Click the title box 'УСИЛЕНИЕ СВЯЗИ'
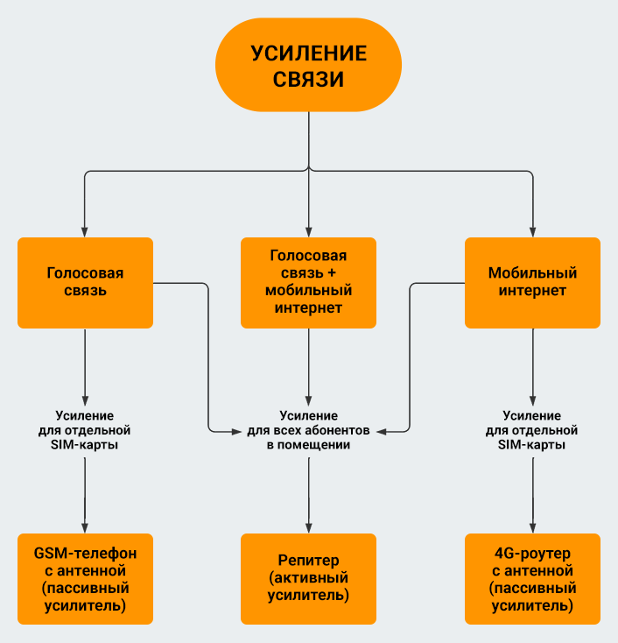308,67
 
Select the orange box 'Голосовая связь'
85,282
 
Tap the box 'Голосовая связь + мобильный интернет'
308,282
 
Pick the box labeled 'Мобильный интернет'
532,282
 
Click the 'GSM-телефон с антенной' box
85,579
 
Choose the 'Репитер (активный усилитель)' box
308,579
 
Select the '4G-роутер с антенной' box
532,579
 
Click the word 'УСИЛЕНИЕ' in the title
308,53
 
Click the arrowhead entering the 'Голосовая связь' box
85,231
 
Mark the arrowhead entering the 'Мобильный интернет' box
532,231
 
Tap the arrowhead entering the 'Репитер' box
308,527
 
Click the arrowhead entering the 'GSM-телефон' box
85,527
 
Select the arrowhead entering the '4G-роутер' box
532,527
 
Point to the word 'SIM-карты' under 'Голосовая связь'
85,445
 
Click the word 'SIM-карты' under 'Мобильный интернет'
532,445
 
